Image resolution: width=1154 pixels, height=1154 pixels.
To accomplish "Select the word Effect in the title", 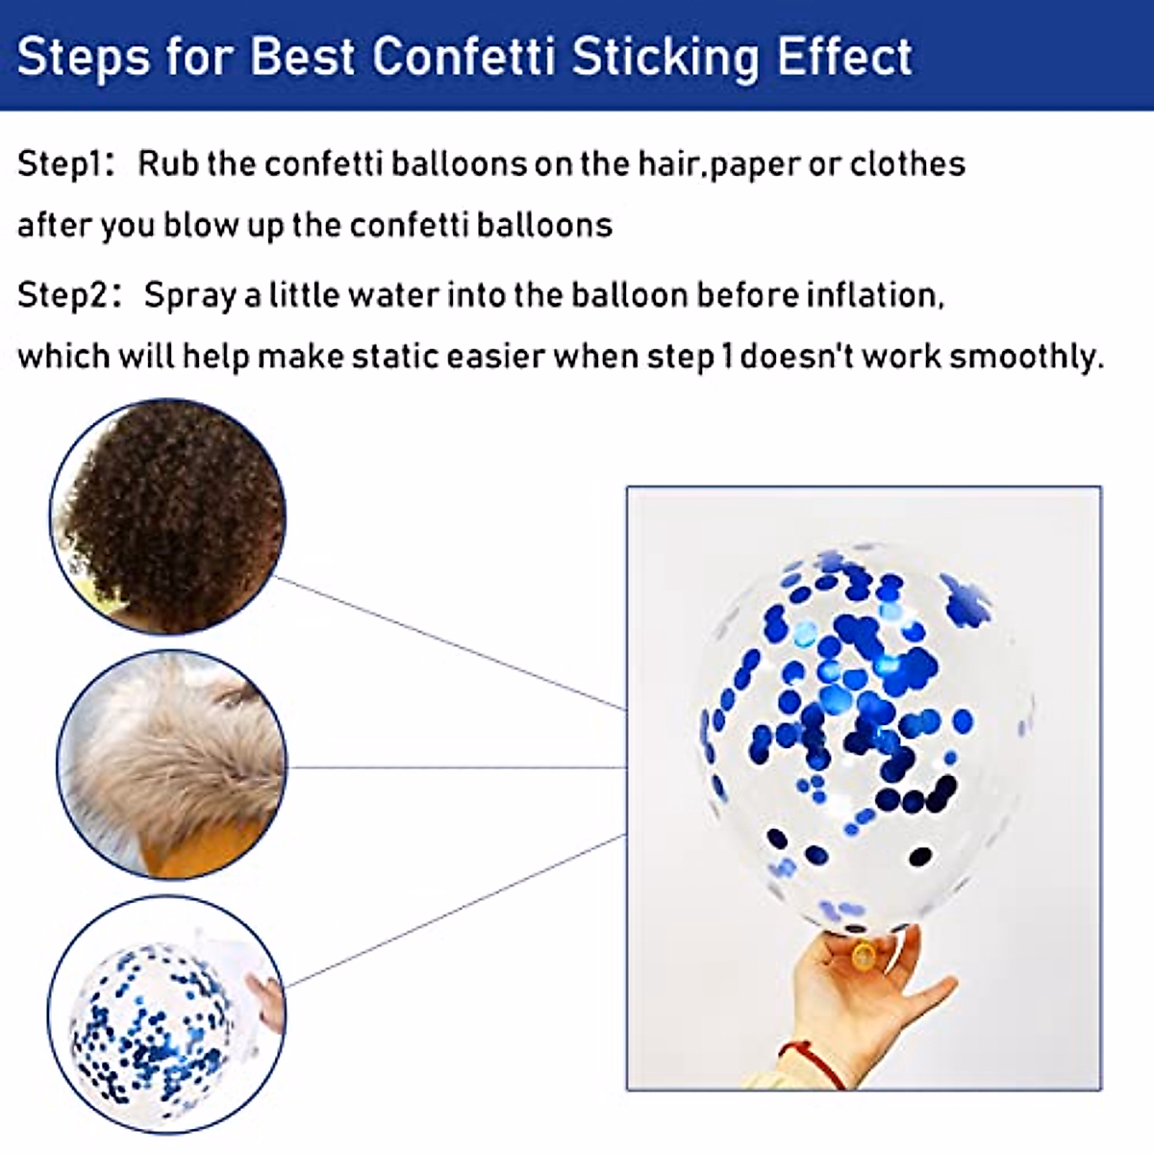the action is [x=844, y=58].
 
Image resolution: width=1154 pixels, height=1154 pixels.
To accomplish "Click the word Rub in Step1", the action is [x=168, y=163].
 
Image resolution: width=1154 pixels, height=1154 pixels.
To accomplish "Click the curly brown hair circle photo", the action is [x=168, y=516].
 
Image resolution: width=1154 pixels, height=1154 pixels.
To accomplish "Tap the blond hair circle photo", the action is [x=172, y=765].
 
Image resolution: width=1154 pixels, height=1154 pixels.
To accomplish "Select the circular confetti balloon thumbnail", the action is [x=167, y=1016].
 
